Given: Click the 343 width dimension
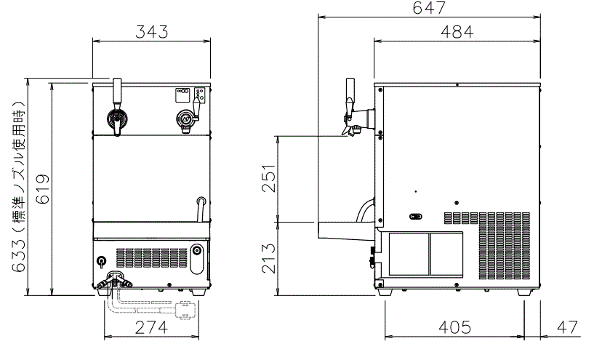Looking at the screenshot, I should [151, 32].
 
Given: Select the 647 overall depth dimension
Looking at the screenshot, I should [428, 8].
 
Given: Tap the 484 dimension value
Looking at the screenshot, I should [457, 32].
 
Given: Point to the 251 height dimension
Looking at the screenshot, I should [268, 178].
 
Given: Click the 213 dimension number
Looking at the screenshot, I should [268, 259].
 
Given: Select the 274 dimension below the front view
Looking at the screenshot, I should [151, 327].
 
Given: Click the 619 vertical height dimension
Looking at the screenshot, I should [42, 191].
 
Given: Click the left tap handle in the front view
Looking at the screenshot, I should [116, 92].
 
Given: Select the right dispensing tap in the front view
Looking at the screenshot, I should [186, 118].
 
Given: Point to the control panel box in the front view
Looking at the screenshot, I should [191, 94].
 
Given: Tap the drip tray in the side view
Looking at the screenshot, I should [345, 230].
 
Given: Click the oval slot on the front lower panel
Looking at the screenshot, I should [197, 257].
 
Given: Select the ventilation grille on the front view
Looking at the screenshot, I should [150, 257].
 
